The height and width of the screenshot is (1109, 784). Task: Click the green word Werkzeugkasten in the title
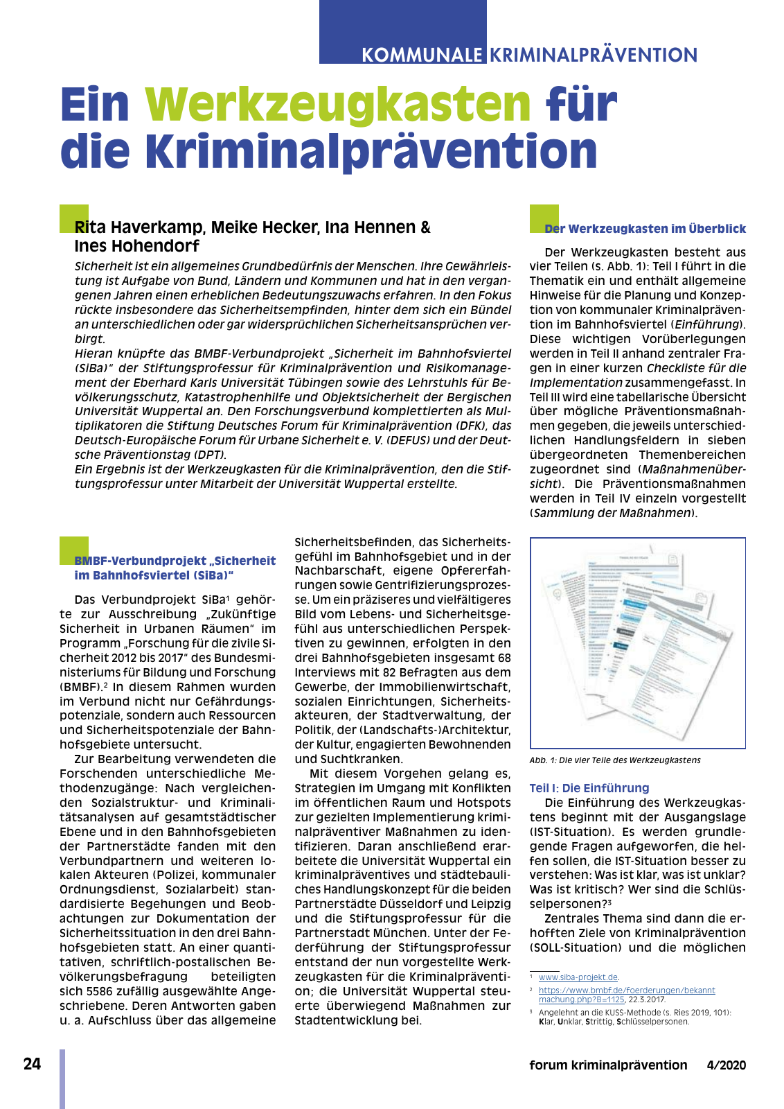(x=337, y=105)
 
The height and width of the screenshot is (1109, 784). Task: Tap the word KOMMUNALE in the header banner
(x=422, y=55)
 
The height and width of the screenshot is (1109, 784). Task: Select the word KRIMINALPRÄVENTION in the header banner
(x=594, y=55)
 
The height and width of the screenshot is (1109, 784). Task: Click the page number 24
(x=32, y=1064)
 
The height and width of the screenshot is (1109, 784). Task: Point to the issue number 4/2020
(x=727, y=1065)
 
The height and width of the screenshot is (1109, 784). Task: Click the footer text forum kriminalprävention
(x=608, y=1065)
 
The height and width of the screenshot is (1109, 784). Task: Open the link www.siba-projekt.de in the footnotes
(x=578, y=977)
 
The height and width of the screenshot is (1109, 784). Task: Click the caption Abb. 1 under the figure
(x=614, y=760)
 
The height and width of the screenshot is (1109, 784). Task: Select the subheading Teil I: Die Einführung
(x=589, y=788)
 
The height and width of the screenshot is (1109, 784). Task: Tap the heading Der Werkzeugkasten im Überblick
(x=645, y=229)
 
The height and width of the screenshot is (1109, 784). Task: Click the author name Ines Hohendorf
(x=137, y=246)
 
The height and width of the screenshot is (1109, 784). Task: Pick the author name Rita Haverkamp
(x=139, y=227)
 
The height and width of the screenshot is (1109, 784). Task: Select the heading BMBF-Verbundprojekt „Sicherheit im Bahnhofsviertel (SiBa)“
(x=175, y=568)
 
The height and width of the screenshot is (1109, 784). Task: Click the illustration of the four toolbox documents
(x=637, y=643)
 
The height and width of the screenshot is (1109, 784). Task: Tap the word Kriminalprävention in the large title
(x=372, y=152)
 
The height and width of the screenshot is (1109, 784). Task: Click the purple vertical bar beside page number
(x=62, y=1078)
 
